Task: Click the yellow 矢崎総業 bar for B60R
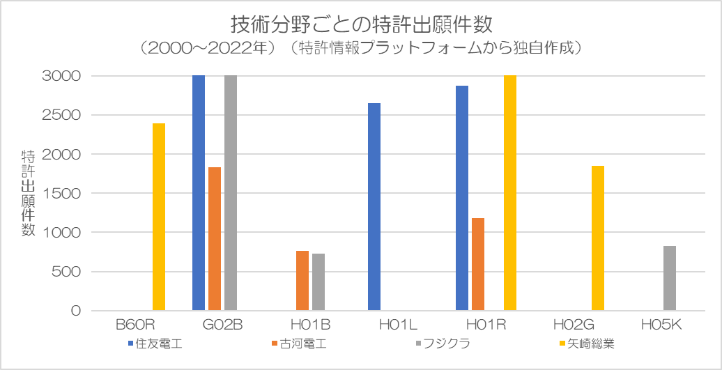[159, 217]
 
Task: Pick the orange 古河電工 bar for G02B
[215, 239]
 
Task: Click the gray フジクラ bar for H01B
[318, 282]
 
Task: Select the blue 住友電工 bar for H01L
[374, 207]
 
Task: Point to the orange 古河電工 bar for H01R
[478, 264]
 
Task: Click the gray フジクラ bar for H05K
[670, 278]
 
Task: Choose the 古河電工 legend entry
[298, 344]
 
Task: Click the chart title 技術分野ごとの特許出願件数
[361, 24]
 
